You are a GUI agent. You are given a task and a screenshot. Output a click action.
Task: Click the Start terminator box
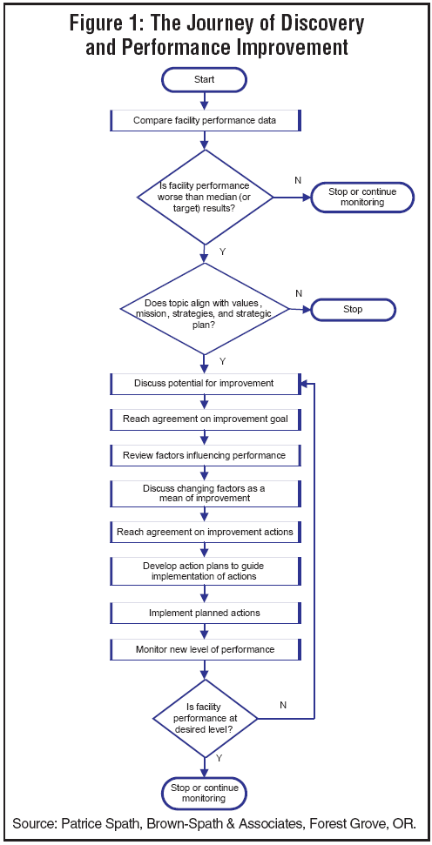click(205, 79)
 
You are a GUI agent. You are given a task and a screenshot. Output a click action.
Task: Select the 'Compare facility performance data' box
click(205, 121)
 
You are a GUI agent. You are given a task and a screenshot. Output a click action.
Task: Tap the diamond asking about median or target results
click(205, 198)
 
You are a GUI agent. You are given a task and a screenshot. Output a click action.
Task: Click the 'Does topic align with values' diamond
click(205, 309)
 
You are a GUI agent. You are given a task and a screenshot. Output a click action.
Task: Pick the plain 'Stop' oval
click(353, 309)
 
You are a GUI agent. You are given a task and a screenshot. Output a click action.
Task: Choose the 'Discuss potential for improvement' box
click(205, 384)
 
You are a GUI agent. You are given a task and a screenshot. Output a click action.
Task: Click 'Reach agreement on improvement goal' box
click(205, 419)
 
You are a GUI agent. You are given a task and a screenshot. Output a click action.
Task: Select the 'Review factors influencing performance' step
click(205, 455)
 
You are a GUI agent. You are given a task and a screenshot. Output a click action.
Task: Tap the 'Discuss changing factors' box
click(205, 493)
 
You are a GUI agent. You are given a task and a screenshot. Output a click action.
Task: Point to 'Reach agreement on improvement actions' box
click(205, 532)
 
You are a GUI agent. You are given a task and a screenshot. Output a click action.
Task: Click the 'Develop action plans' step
click(205, 571)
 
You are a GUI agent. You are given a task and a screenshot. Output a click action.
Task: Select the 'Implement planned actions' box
click(205, 613)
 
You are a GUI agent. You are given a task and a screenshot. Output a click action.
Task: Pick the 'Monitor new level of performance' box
click(205, 649)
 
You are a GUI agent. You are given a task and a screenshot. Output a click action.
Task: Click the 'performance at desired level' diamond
click(205, 719)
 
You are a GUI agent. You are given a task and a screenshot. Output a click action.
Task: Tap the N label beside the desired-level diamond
click(284, 704)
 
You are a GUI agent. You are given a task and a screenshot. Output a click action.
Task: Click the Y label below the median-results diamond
click(223, 251)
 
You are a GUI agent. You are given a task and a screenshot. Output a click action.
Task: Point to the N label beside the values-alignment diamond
click(298, 293)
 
